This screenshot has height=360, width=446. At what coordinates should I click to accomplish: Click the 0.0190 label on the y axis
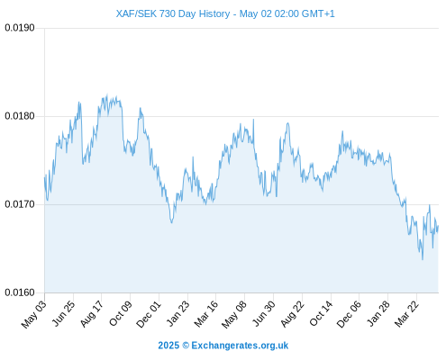coord(20,28)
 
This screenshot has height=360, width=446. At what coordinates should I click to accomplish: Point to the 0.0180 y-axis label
coord(20,116)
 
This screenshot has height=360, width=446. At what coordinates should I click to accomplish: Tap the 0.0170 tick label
coord(20,204)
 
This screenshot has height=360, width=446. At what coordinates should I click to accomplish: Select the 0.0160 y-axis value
coord(20,292)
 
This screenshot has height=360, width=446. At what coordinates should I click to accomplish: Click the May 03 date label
coord(34,314)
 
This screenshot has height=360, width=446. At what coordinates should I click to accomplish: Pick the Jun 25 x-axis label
coord(64,313)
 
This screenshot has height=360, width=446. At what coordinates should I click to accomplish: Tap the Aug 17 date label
coord(92,314)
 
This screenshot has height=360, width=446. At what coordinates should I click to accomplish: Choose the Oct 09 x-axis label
coord(121,314)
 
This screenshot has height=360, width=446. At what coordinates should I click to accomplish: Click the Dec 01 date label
coord(149,314)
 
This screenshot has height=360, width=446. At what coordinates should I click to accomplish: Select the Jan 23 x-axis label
coord(178,313)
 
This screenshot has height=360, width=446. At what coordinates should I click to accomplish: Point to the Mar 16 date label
coord(206,314)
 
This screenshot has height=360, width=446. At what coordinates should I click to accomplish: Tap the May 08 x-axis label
coord(234,314)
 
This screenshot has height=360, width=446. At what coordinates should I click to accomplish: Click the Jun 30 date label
coord(264,313)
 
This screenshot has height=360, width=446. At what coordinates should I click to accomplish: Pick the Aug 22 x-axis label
coord(293,314)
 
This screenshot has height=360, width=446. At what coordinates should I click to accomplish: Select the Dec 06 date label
coord(349,314)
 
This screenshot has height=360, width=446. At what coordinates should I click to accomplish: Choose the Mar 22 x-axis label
coord(406,314)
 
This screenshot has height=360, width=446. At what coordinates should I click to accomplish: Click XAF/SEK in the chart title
coord(136,13)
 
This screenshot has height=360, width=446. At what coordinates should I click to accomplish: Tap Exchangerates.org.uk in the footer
coord(240,346)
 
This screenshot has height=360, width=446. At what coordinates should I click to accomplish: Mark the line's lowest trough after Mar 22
coord(423,259)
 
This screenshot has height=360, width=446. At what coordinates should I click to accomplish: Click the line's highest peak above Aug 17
coord(107,94)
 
